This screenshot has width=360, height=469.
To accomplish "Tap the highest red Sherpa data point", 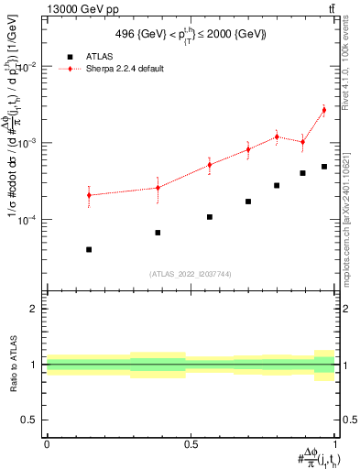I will [323, 110].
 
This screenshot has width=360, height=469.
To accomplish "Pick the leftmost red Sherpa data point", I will [89, 195].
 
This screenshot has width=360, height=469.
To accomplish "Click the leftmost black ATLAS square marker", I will [89, 249].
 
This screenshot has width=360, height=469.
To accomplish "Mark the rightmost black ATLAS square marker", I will [324, 167].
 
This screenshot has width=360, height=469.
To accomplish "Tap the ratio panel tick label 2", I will [33, 309].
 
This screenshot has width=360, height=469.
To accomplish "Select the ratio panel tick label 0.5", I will [28, 420].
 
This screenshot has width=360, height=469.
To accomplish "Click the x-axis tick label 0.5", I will [191, 444].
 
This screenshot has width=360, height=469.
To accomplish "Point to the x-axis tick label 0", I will [46, 444].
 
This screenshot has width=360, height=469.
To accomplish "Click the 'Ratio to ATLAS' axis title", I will [13, 365].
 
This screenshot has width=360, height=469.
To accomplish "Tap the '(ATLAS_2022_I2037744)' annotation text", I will [191, 274].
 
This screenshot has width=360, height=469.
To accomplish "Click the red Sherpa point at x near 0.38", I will [158, 188].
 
